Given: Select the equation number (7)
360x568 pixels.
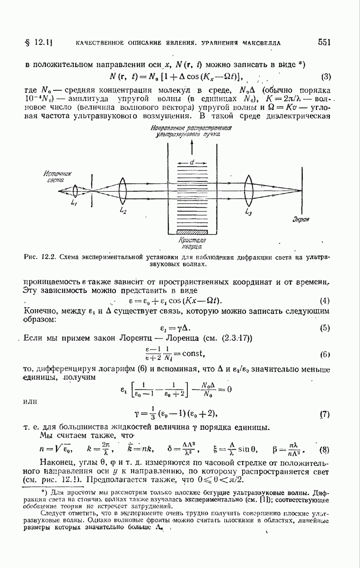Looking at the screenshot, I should (x=325, y=415).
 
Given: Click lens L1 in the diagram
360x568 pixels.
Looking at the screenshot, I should (x=76, y=190).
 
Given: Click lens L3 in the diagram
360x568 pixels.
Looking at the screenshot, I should (x=248, y=189).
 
